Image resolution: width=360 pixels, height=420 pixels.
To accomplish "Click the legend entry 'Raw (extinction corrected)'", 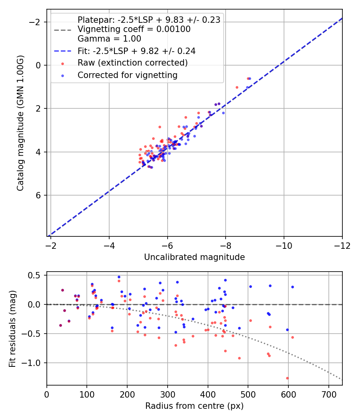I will pyautogui.click(x=132, y=63).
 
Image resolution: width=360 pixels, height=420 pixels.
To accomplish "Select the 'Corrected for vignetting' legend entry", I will pyautogui.click(x=127, y=75).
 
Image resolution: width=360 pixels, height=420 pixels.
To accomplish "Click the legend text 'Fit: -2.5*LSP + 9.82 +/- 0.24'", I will pyautogui.click(x=136, y=51).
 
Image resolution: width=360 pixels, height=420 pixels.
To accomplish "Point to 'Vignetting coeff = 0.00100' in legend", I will pyautogui.click(x=134, y=29).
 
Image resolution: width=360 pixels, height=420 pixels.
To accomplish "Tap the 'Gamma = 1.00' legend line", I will pyautogui.click(x=109, y=39).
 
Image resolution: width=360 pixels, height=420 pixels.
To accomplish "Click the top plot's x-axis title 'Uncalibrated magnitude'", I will pyautogui.click(x=194, y=257).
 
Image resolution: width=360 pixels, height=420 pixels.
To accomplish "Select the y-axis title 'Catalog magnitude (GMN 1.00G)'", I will pyautogui.click(x=20, y=123).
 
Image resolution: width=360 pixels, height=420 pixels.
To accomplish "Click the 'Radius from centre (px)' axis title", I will pyautogui.click(x=194, y=406).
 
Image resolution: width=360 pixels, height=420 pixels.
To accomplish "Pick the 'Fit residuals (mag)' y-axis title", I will pyautogui.click(x=12, y=329).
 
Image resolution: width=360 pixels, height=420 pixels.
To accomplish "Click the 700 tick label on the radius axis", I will pyautogui.click(x=328, y=394).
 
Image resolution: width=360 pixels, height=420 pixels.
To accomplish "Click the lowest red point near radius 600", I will pyautogui.click(x=287, y=378).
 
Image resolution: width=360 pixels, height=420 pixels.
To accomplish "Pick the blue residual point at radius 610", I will pyautogui.click(x=292, y=287).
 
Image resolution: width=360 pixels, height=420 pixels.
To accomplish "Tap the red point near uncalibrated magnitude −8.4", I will pyautogui.click(x=237, y=87).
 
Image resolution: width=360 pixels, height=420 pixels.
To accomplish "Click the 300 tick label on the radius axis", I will pyautogui.click(x=168, y=394).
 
